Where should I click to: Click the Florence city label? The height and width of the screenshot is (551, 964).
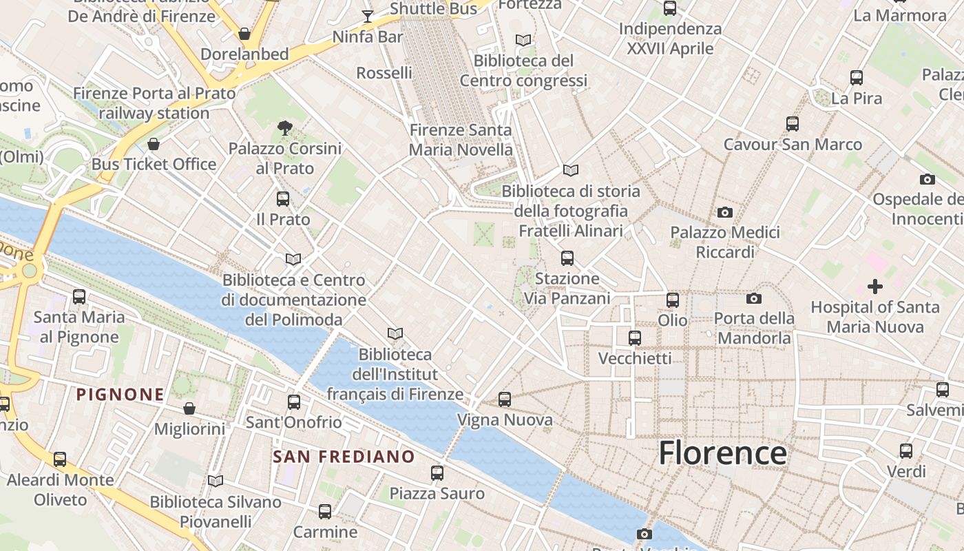(x=722, y=453)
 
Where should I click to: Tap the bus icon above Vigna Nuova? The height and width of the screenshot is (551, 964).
(x=505, y=399)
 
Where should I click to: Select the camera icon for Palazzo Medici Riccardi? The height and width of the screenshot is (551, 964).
(x=724, y=212)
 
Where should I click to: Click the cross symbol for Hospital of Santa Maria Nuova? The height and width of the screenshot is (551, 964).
(x=874, y=286)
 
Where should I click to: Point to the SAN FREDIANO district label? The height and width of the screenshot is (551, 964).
(x=344, y=457)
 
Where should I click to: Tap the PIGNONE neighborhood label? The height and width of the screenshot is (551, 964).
(x=120, y=395)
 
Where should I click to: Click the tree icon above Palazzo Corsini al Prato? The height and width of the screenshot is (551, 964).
(x=284, y=127)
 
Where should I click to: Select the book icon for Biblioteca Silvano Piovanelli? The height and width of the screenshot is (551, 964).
(x=216, y=481)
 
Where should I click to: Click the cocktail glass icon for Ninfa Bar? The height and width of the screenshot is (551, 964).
(x=368, y=16)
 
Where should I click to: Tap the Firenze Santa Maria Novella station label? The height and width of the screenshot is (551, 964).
(x=461, y=140)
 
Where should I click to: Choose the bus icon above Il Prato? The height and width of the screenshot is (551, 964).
(x=283, y=199)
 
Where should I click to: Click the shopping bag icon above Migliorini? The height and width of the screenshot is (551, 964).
(x=189, y=408)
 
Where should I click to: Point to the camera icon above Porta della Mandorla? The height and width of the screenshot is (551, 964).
(x=754, y=298)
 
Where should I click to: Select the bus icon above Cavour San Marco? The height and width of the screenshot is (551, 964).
(x=793, y=124)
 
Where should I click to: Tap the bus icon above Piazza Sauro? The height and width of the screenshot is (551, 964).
(x=437, y=473)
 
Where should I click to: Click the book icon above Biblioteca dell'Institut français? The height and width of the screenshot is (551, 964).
(x=395, y=334)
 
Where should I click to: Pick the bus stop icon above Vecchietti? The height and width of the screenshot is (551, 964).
(x=635, y=338)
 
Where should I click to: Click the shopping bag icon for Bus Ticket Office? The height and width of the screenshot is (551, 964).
(x=154, y=144)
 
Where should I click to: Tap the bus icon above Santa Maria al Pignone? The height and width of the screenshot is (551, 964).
(x=79, y=297)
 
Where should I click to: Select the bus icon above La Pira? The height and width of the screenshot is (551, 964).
(x=857, y=78)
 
